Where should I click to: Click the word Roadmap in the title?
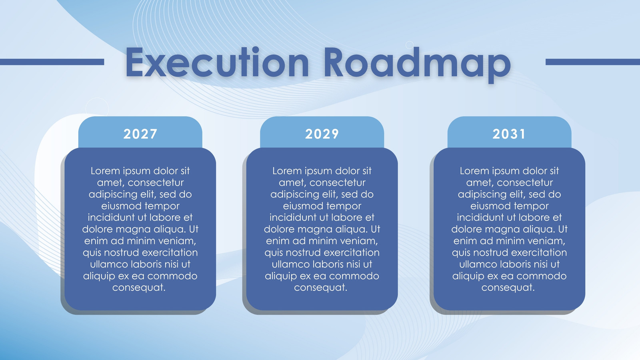click(418, 65)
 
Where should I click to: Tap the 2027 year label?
click(140, 134)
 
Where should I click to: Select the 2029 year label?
click(322, 134)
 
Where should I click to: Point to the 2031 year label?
click(509, 134)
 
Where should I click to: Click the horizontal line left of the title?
click(52, 62)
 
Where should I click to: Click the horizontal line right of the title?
click(592, 62)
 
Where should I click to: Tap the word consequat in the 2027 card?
click(139, 288)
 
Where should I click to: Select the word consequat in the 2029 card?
click(320, 288)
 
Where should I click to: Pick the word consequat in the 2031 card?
click(508, 288)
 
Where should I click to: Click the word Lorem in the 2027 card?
click(105, 171)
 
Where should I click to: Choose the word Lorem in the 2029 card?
click(287, 171)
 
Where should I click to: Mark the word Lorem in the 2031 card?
click(474, 171)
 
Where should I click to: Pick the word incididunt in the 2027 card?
click(111, 218)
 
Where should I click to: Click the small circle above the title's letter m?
click(409, 45)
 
